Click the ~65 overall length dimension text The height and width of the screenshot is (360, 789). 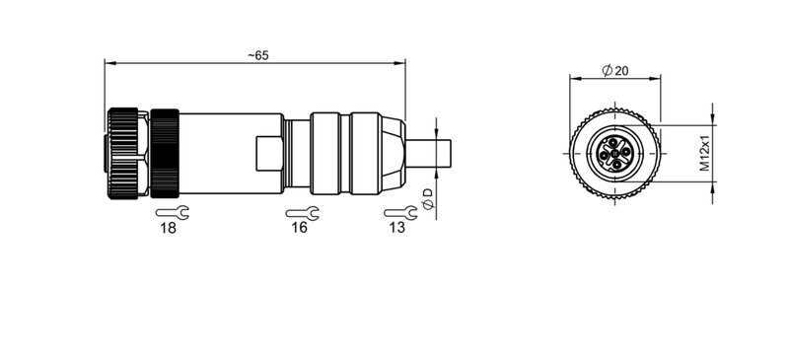(x=257, y=55)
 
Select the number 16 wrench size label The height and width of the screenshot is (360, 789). (x=300, y=228)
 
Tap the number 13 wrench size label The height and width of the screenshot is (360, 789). (x=396, y=228)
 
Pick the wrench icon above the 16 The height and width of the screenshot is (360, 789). (x=301, y=211)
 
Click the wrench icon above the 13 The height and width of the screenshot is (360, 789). (x=397, y=211)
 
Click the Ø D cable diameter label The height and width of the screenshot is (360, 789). (x=427, y=196)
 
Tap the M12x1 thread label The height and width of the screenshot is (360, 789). (x=706, y=153)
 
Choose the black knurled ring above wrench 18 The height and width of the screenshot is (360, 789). (x=164, y=153)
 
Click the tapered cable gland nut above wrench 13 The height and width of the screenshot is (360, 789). (x=393, y=153)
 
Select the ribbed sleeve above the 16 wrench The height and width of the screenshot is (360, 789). (x=344, y=153)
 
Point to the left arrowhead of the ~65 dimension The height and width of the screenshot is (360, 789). (x=108, y=64)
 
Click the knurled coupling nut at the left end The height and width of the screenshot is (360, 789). (x=125, y=153)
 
